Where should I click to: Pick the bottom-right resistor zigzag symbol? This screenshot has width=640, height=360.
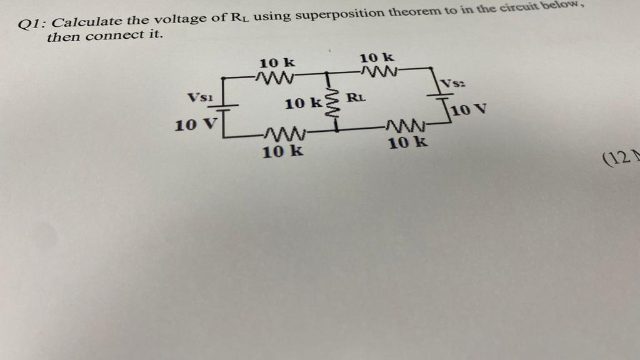(x=406, y=127)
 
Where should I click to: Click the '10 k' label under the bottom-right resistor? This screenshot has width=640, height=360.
(x=408, y=143)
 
